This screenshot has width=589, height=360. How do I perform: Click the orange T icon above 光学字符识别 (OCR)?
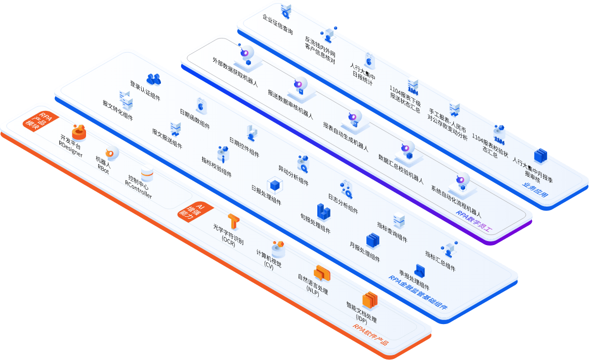click(233, 221)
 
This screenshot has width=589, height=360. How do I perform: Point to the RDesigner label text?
click(70, 146)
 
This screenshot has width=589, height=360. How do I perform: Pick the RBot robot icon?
click(111, 153)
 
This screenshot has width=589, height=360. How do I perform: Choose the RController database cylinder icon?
click(147, 175)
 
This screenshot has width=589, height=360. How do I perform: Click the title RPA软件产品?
click(370, 335)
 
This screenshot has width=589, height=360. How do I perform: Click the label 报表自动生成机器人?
click(346, 137)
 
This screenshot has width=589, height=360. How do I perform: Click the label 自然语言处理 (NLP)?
click(313, 285)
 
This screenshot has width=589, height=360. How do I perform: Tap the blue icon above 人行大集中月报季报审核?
click(540, 156)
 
